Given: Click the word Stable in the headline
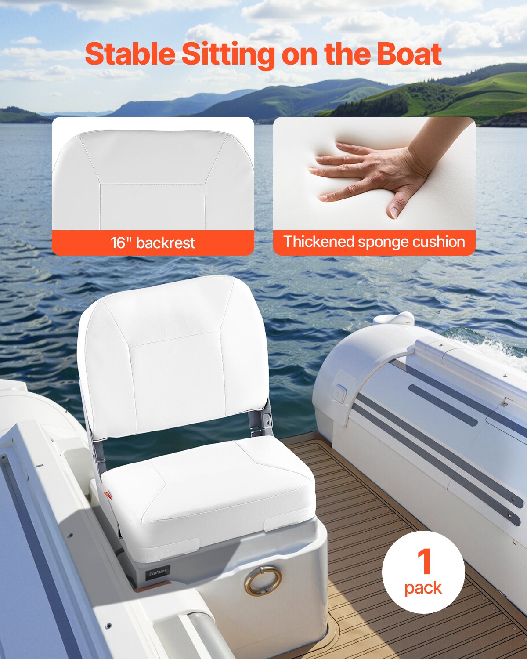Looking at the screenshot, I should tap(130, 54).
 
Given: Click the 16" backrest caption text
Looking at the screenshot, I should tap(153, 243).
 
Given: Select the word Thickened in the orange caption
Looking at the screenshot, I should tap(318, 242).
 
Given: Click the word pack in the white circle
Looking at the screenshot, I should tap(423, 587).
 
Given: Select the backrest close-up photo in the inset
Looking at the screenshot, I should tap(153, 176).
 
